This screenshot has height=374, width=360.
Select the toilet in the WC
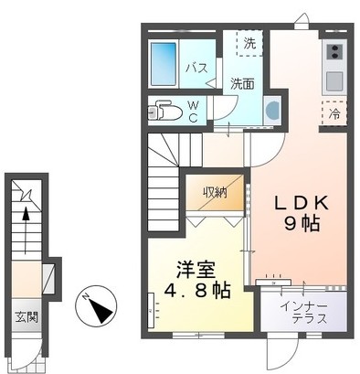pyautogui.click(x=164, y=112)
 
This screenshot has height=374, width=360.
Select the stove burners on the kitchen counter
pyautogui.click(x=333, y=51)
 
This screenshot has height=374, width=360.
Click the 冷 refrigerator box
pyautogui.click(x=334, y=115)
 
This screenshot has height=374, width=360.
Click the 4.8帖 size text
pyautogui.click(x=194, y=292)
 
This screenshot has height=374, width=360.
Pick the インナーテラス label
pyautogui.click(x=302, y=313)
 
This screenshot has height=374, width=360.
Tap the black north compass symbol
pyautogui.click(x=98, y=304)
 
